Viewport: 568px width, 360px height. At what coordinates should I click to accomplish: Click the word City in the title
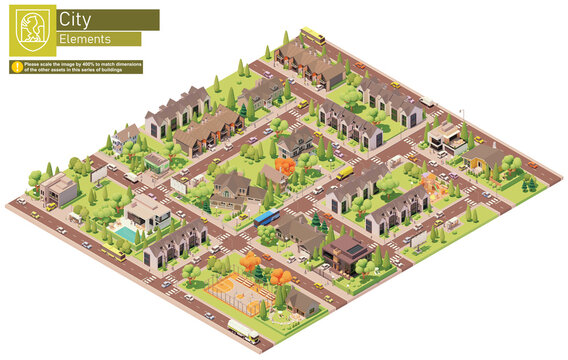[x=72, y=19]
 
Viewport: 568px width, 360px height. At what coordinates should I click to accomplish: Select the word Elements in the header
[x=84, y=39]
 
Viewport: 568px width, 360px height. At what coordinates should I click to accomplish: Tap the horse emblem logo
[x=31, y=30]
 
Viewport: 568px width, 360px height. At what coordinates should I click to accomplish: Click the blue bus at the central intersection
[x=266, y=217]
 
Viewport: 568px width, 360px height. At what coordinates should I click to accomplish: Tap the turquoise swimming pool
[x=126, y=233]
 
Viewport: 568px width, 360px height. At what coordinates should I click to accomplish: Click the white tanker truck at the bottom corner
[x=242, y=331]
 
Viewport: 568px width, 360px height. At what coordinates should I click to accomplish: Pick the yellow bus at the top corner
[x=313, y=35]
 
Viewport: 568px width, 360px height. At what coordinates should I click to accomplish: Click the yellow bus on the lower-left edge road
[x=113, y=254]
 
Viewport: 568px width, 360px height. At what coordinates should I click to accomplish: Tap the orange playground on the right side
[x=435, y=183]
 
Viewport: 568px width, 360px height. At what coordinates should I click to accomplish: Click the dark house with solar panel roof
[x=345, y=251]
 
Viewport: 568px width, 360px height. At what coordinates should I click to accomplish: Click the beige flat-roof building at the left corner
[x=60, y=189]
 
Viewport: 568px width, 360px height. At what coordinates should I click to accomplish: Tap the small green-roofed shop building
[x=156, y=161]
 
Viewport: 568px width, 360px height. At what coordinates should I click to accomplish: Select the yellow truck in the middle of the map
[x=344, y=172]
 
